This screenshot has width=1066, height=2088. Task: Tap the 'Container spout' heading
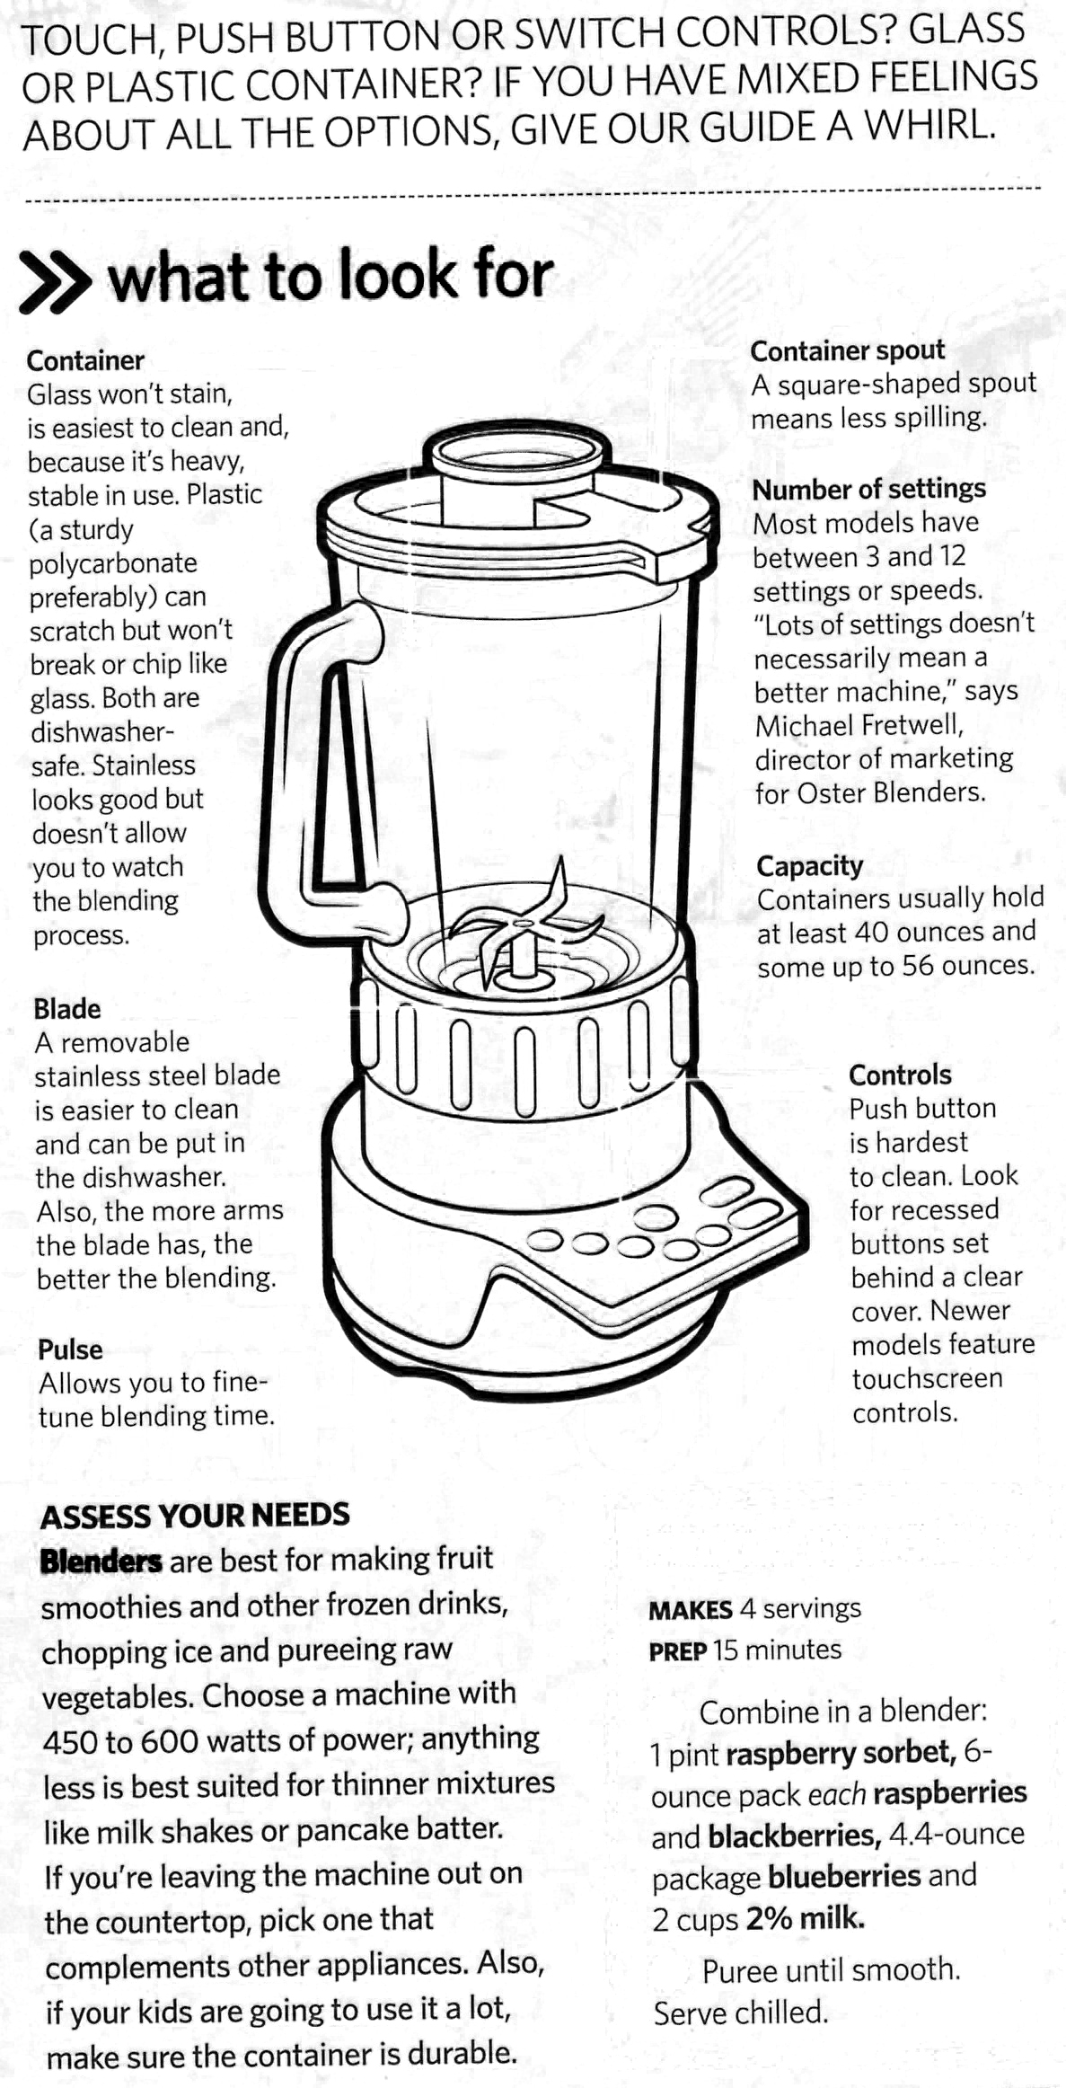coord(847,350)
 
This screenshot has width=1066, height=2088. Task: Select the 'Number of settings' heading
coord(868,490)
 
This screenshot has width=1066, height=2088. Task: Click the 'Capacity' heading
coord(809,866)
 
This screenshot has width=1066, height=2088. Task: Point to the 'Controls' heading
coord(900,1075)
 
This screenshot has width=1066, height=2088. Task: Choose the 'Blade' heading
coord(67,1009)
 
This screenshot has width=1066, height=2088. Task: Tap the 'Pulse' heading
coord(70,1349)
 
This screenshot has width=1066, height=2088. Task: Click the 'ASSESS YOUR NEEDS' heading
coord(195,1516)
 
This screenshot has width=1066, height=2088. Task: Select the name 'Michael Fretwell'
coord(859,725)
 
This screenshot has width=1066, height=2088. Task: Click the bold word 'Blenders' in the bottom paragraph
coord(101,1562)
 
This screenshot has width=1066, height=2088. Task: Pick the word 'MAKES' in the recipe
coord(691,1609)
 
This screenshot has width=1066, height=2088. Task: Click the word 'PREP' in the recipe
coord(678,1650)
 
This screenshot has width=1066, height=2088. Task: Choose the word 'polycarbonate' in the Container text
coord(113,564)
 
